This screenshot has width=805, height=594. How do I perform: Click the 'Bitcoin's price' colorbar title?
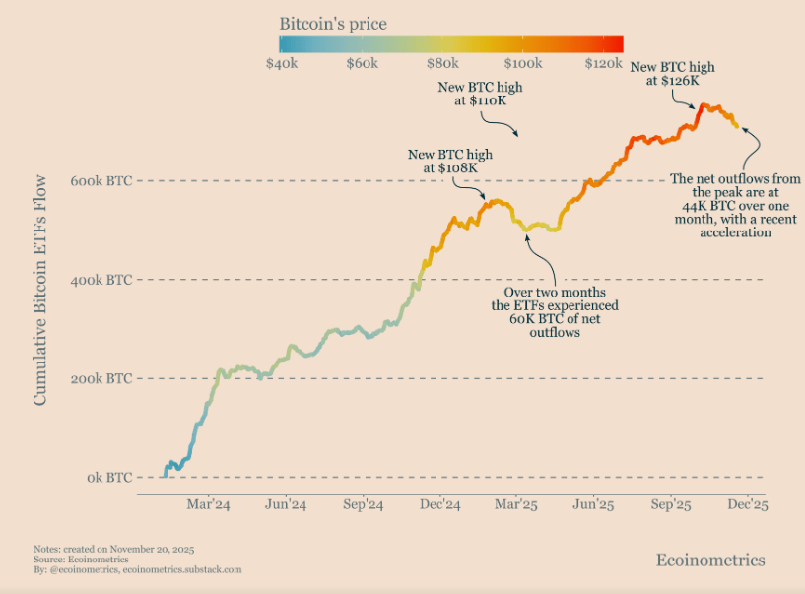[332, 23]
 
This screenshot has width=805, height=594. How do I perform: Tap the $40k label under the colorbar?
[283, 63]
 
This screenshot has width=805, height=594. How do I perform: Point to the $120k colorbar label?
[603, 63]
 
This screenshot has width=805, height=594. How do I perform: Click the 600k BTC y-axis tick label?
[101, 181]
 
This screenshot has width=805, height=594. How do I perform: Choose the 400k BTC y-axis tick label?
[101, 280]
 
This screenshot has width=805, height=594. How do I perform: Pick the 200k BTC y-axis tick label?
[101, 378]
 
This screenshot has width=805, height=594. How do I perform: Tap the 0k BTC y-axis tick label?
[107, 478]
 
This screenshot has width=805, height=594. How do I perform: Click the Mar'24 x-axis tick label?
[209, 504]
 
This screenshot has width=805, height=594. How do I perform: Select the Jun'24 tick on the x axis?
[286, 504]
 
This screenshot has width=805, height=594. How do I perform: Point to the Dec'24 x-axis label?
[440, 504]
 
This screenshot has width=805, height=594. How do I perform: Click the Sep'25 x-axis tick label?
[671, 504]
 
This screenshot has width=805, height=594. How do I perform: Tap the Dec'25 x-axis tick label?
[748, 504]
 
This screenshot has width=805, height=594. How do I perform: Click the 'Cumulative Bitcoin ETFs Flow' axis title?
[41, 290]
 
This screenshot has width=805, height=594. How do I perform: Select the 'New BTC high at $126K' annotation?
[672, 74]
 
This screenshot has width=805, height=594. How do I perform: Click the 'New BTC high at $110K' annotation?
[480, 94]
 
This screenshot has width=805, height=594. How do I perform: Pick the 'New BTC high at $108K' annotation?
[450, 162]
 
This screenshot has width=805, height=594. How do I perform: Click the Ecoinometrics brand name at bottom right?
[709, 560]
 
